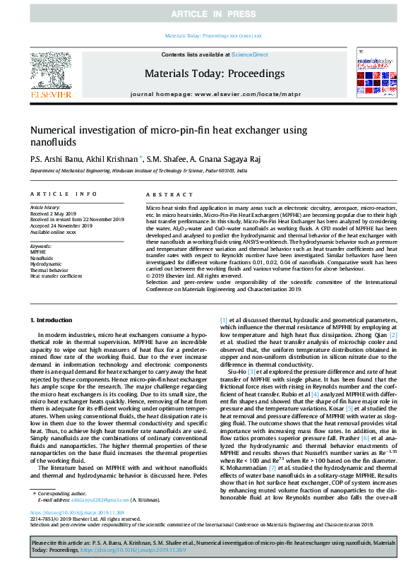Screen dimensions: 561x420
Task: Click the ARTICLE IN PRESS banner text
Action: [x=210, y=14]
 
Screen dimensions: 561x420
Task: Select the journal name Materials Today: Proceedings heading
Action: [x=209, y=73]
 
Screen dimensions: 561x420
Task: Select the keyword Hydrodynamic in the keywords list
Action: [x=45, y=264]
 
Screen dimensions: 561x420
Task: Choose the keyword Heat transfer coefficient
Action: [x=56, y=276]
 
